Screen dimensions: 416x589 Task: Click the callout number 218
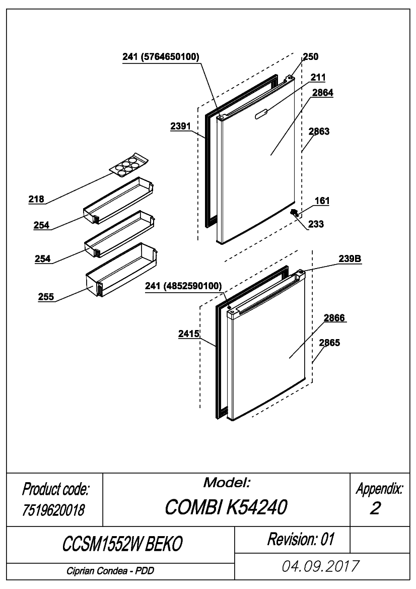pyautogui.click(x=36, y=199)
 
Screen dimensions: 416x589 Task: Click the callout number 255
pyautogui.click(x=46, y=297)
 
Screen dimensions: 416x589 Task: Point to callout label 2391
pyautogui.click(x=181, y=126)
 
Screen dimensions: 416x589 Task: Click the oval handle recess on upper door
pyautogui.click(x=262, y=114)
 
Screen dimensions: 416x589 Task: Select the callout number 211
pyautogui.click(x=318, y=78)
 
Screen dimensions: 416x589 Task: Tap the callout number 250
pyautogui.click(x=311, y=57)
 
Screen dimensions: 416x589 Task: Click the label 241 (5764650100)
pyautogui.click(x=161, y=57)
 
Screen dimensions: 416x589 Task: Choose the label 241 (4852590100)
pyautogui.click(x=183, y=286)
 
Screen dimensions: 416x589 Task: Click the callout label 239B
pyautogui.click(x=350, y=259)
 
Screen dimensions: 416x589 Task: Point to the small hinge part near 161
pyautogui.click(x=294, y=213)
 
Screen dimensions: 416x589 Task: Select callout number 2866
pyautogui.click(x=334, y=318)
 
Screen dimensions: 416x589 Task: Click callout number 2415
pyautogui.click(x=189, y=334)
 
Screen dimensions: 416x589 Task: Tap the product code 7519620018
pyautogui.click(x=53, y=510)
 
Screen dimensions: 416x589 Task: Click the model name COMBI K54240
pyautogui.click(x=226, y=507)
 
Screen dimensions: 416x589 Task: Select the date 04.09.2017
pyautogui.click(x=320, y=566)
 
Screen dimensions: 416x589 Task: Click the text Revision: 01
pyautogui.click(x=301, y=539)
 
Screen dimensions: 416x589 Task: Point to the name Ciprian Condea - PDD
pyautogui.click(x=110, y=571)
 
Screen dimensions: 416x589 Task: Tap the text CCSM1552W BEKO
pyautogui.click(x=122, y=544)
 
